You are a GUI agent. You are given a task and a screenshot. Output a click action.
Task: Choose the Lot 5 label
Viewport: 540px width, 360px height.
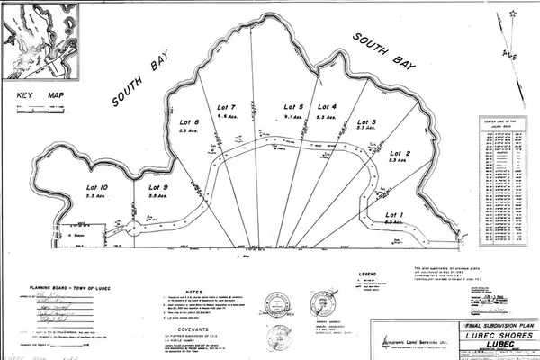pos(294,107)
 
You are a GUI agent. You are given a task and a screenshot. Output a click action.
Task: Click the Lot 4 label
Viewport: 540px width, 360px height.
pos(327,107)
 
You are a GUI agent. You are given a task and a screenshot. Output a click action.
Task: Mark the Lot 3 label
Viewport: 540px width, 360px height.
pos(367,121)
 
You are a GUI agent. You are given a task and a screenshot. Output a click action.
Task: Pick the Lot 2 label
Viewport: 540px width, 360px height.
pos(399,154)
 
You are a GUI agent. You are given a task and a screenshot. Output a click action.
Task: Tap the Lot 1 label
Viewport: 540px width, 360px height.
pos(395,213)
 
